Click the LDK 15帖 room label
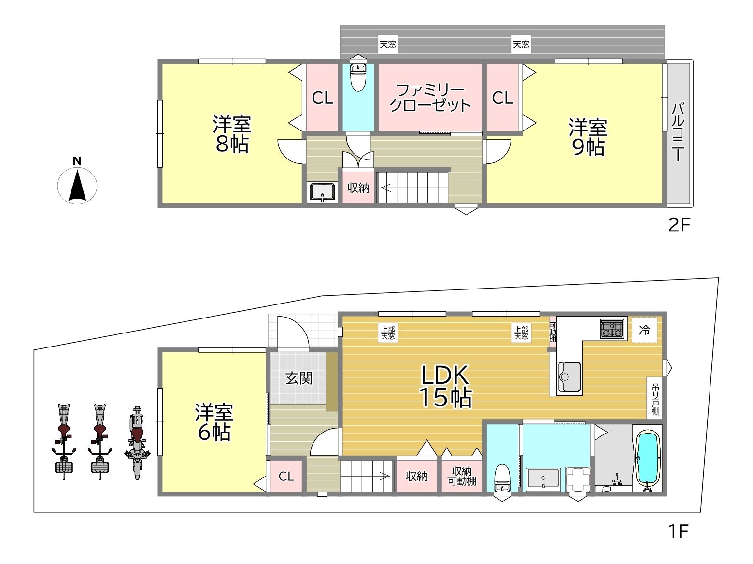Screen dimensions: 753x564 click(x=446, y=387)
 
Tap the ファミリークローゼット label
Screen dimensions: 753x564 click(x=430, y=98)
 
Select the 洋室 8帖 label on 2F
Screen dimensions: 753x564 click(x=232, y=134)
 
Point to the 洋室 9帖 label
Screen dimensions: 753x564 click(x=588, y=137)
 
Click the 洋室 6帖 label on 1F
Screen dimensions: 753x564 click(x=214, y=422)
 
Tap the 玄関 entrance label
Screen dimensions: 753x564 click(x=299, y=378)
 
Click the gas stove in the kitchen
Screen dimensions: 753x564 click(x=612, y=329)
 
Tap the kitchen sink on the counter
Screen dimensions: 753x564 click(x=569, y=376)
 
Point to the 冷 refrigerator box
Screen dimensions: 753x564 click(x=645, y=330)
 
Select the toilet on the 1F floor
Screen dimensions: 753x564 click(x=502, y=477)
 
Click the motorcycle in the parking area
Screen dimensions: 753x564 click(x=137, y=443)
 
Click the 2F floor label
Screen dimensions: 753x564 click(x=679, y=225)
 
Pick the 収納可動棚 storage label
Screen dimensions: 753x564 click(x=462, y=476)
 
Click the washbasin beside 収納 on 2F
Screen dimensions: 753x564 click(x=322, y=191)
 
